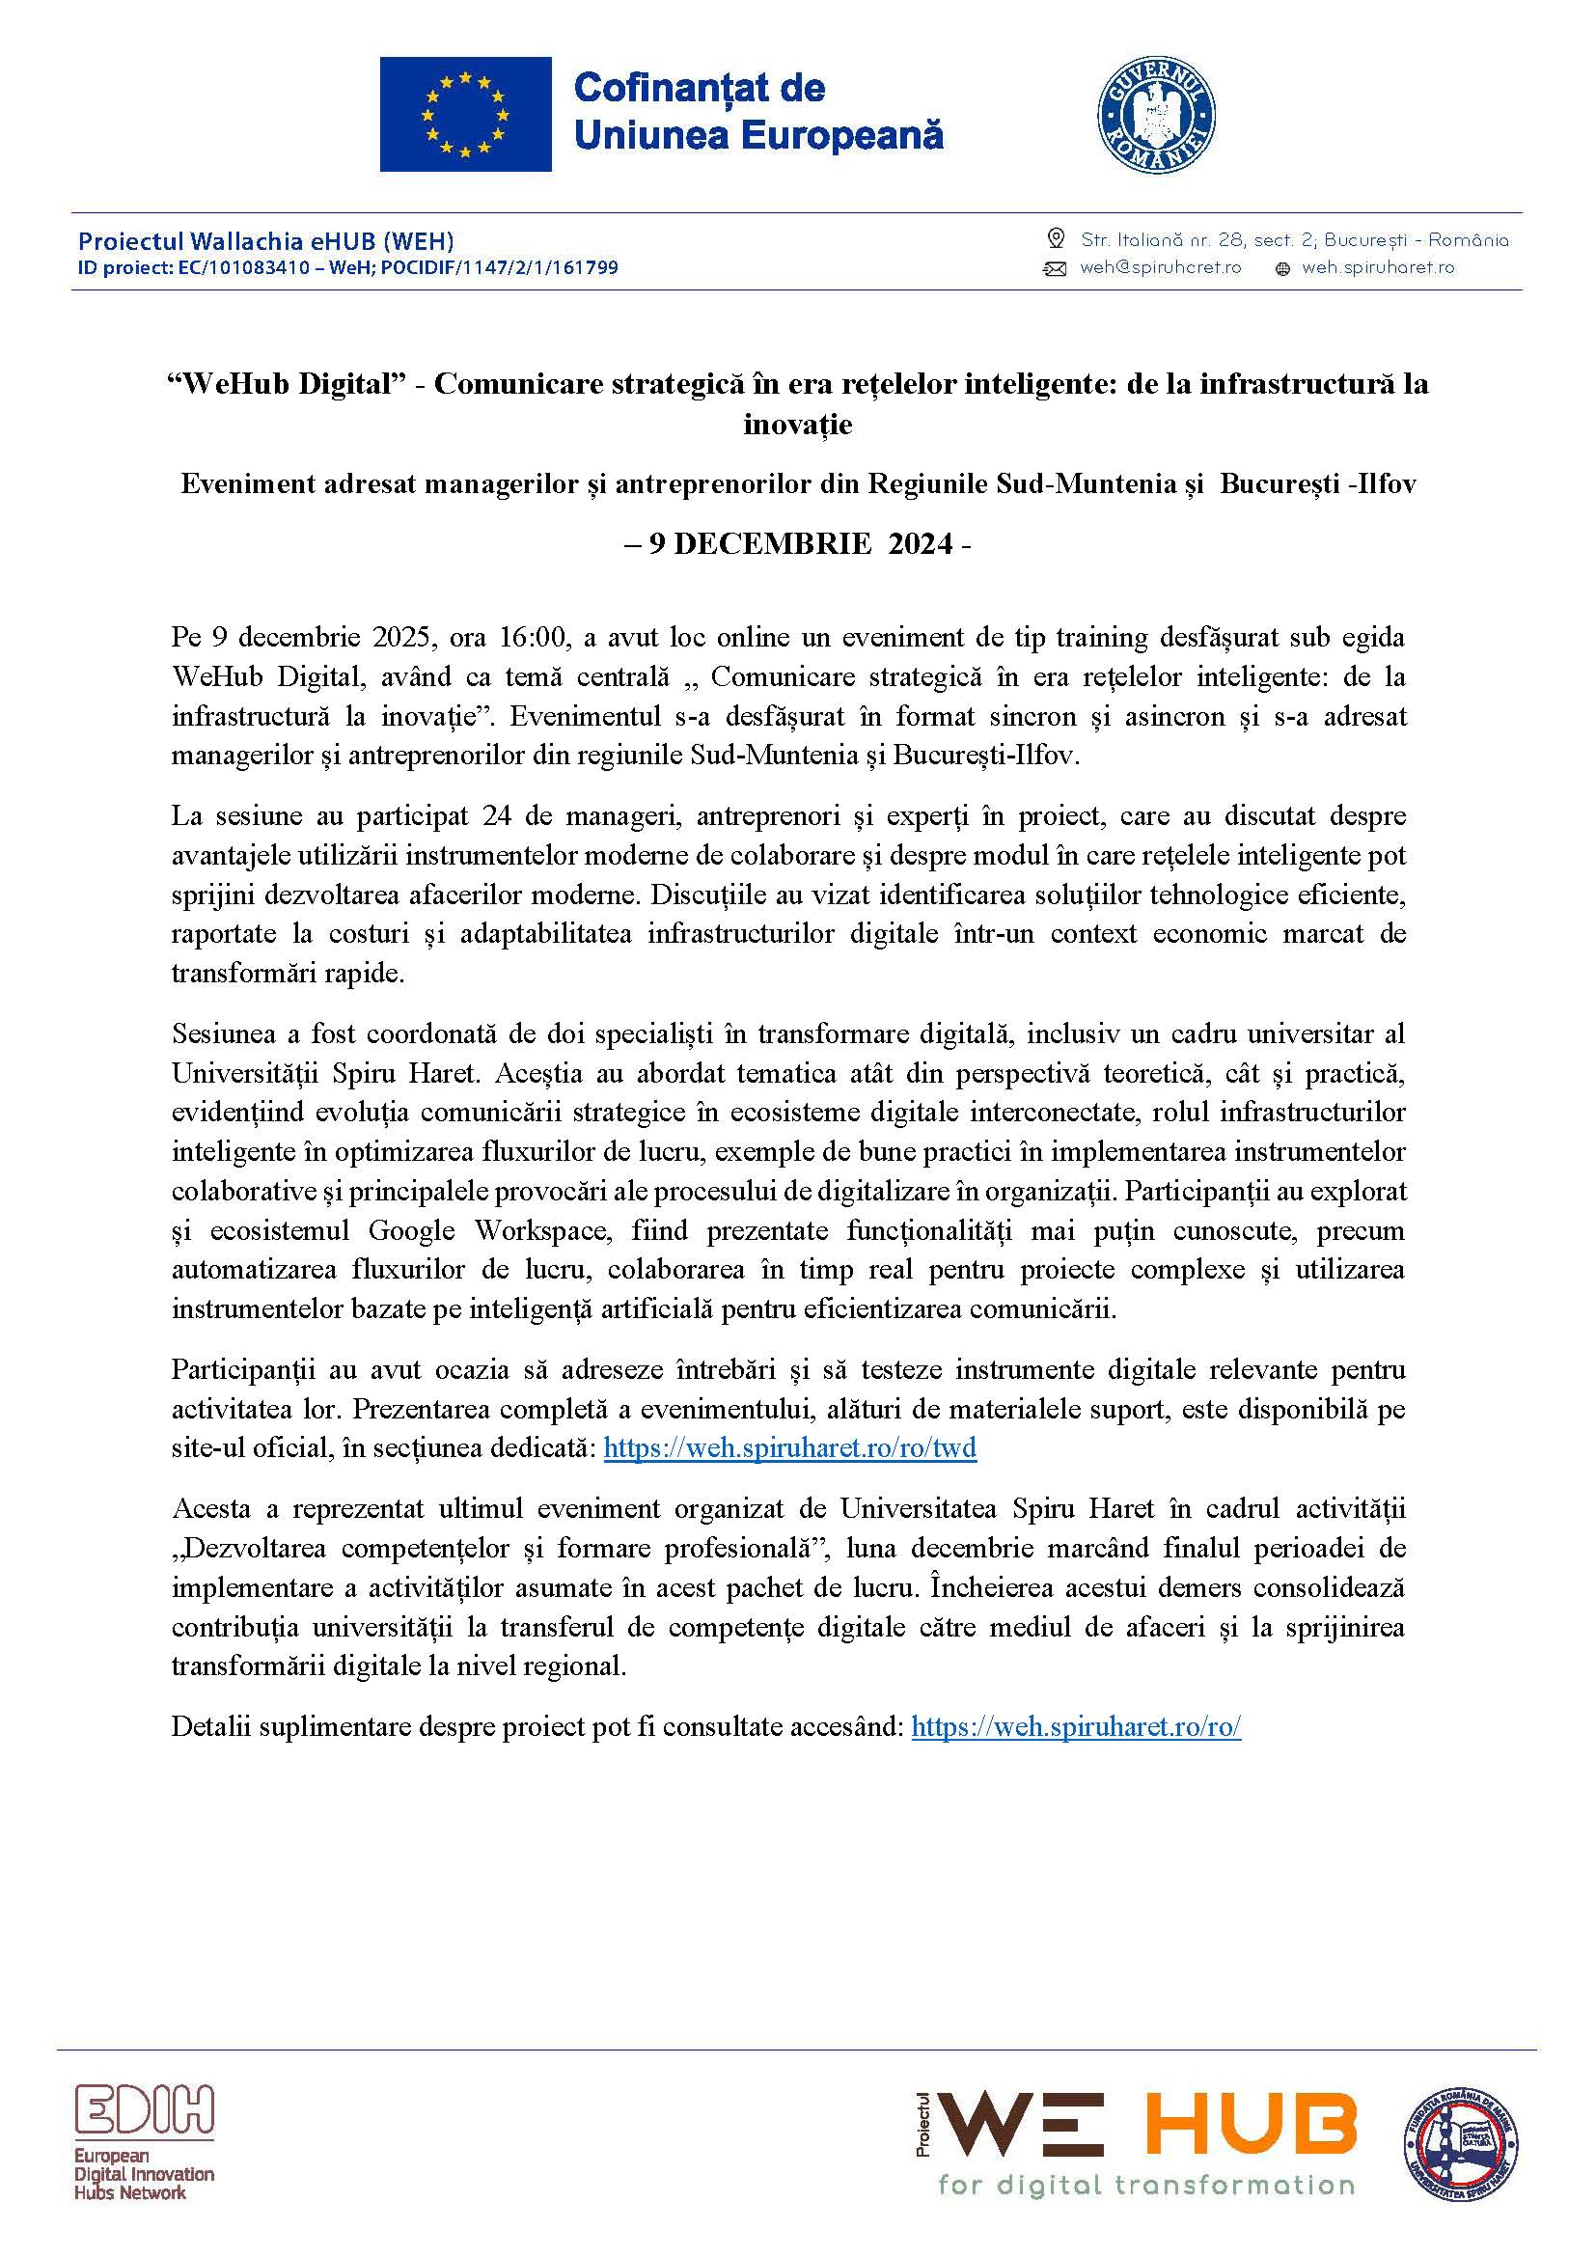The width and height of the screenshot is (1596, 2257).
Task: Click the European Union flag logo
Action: click(x=465, y=114)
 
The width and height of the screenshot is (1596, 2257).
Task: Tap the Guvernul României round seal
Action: click(x=1155, y=115)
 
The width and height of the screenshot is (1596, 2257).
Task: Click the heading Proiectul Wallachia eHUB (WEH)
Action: click(x=265, y=241)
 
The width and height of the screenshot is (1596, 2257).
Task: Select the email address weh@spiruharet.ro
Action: click(x=1160, y=267)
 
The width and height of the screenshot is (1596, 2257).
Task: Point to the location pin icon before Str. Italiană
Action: click(x=1056, y=239)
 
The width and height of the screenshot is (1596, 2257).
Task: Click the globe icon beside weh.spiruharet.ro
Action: click(x=1281, y=269)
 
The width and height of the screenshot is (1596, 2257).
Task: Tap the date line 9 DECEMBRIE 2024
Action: click(x=797, y=543)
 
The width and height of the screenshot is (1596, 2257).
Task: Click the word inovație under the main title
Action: click(x=797, y=425)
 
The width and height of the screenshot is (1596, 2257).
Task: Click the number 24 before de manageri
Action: click(x=497, y=815)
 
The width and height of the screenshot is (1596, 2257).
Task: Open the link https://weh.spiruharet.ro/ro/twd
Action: click(x=789, y=1448)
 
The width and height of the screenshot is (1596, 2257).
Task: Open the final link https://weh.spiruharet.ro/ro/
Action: click(x=1076, y=1726)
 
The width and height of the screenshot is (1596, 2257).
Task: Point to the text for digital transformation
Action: click(x=1146, y=2186)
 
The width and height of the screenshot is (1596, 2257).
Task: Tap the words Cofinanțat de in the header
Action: click(x=699, y=88)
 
